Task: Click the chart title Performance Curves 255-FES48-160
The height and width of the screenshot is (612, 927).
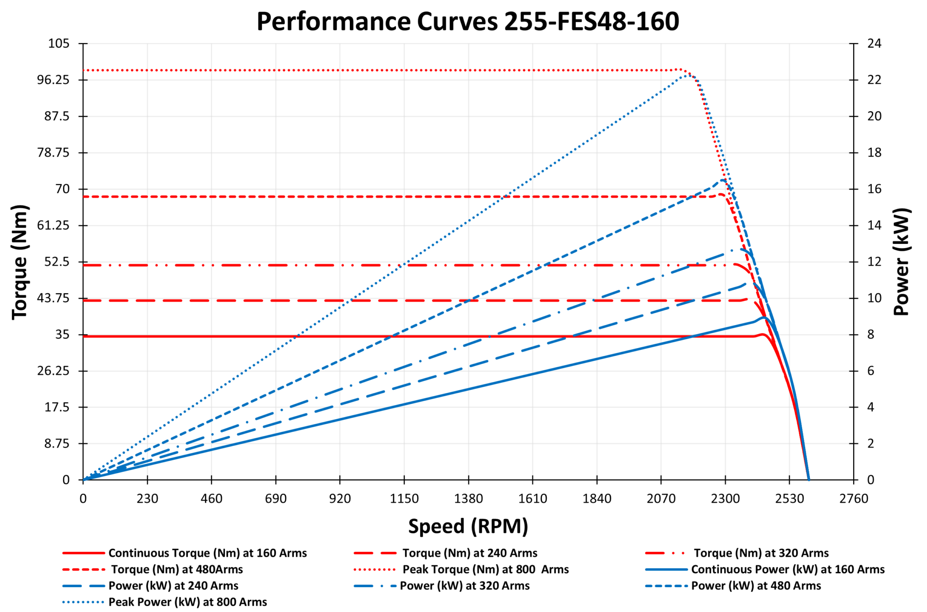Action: coord(468,21)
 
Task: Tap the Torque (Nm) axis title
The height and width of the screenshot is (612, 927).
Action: coord(20,262)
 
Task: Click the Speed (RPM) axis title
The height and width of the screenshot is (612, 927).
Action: coord(468,526)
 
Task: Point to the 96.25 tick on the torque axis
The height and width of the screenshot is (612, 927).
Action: coord(53,80)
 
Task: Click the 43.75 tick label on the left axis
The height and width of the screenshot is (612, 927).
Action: coord(53,298)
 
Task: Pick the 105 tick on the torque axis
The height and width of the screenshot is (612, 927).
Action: coord(59,44)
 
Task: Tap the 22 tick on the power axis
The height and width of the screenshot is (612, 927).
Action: coord(874,80)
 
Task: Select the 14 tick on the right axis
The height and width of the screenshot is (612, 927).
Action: coord(874,225)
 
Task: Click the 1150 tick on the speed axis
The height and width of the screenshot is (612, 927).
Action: coord(404,499)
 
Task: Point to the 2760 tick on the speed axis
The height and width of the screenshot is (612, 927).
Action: coord(854,499)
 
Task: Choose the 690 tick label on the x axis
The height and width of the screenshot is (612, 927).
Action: coord(276,499)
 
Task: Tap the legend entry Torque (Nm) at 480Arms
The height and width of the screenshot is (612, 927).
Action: coord(177,569)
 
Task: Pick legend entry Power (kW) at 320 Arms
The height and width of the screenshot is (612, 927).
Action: coord(464,586)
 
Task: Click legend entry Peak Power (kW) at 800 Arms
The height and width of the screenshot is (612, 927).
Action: coord(187,602)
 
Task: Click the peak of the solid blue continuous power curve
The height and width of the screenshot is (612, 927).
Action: coord(764,318)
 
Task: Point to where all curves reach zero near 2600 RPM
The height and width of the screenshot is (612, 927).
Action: coord(808,479)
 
